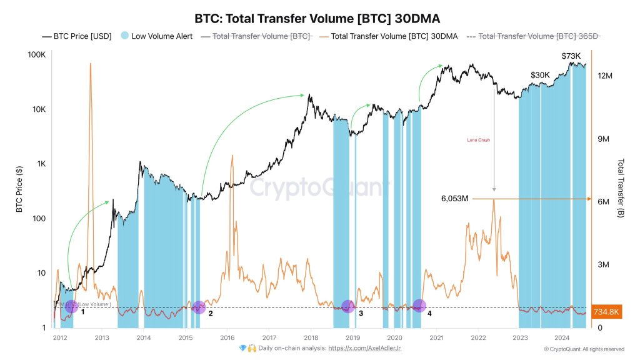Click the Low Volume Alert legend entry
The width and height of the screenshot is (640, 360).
pos(157,36)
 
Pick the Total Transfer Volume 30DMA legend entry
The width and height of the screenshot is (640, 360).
pos(387,36)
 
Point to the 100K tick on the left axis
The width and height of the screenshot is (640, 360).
pos(36,55)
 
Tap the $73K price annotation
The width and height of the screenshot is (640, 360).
pos(571,56)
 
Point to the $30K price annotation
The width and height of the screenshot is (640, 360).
pos(540,75)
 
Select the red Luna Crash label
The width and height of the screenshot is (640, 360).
pos(479,140)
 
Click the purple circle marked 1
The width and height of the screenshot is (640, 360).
pos(71,306)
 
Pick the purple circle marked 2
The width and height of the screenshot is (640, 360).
pos(199,307)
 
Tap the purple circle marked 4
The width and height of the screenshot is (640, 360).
pos(419,306)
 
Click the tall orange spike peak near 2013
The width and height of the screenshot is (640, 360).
pos(91,64)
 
